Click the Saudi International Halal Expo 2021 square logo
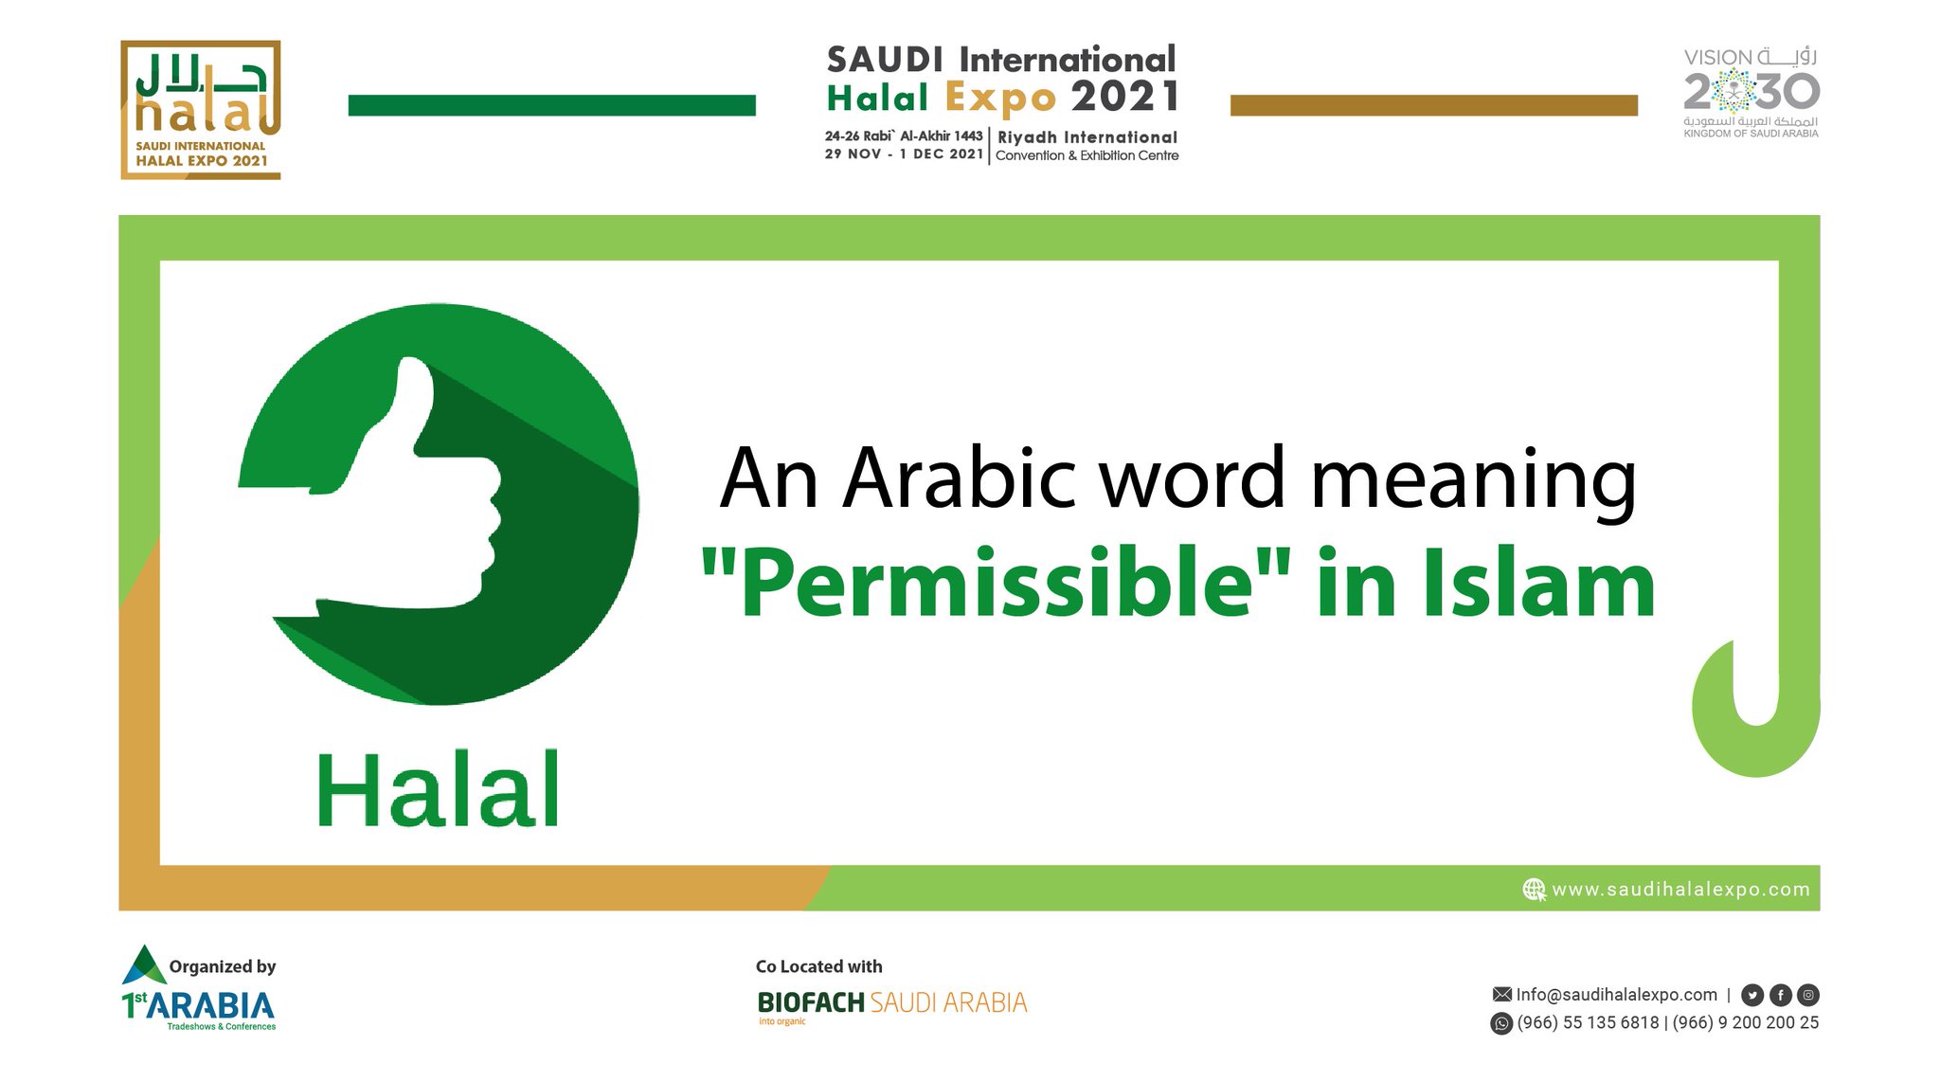pyautogui.click(x=201, y=110)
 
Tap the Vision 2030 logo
pyautogui.click(x=1751, y=93)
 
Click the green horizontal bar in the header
pyautogui.click(x=551, y=105)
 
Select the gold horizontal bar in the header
pyautogui.click(x=1433, y=105)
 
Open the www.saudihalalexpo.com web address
pyautogui.click(x=1680, y=890)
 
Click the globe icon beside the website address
pyautogui.click(x=1534, y=890)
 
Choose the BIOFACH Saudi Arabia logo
pyautogui.click(x=891, y=1003)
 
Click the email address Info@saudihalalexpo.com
pyautogui.click(x=1616, y=995)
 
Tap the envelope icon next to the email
pyautogui.click(x=1501, y=995)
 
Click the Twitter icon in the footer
pyautogui.click(x=1752, y=995)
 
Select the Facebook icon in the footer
pyautogui.click(x=1781, y=995)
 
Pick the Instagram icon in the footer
pyautogui.click(x=1808, y=995)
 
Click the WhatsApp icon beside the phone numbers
pyautogui.click(x=1501, y=1023)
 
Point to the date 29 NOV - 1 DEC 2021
pyautogui.click(x=904, y=154)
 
